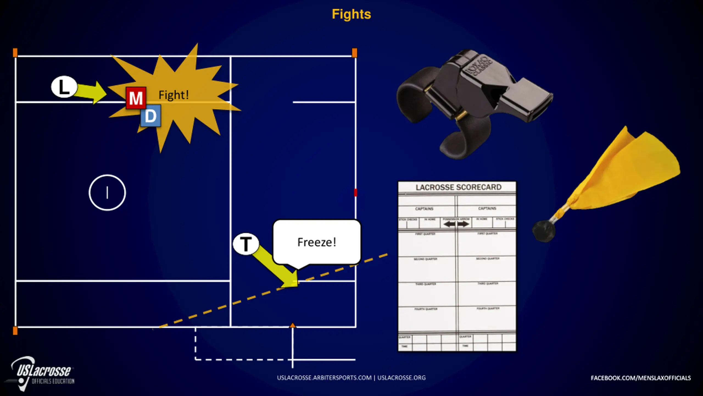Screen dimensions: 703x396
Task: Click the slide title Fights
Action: coord(351,14)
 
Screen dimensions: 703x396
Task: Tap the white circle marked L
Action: coord(64,87)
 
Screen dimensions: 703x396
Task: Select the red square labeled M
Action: coord(136,98)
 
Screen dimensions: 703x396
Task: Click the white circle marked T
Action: coord(246,244)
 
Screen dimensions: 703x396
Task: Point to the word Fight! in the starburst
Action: coord(174,95)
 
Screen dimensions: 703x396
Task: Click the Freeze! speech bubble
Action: coord(317,242)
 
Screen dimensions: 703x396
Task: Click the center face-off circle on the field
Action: coord(107,193)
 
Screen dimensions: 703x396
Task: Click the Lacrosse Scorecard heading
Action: coord(458,187)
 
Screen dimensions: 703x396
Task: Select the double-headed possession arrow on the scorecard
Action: coord(456,224)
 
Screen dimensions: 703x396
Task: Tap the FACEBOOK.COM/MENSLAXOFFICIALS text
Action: coord(640,378)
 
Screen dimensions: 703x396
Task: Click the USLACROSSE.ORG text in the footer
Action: coord(401,378)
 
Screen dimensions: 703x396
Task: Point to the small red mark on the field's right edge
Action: coord(355,193)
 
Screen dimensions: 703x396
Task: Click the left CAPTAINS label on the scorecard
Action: coord(424,209)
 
